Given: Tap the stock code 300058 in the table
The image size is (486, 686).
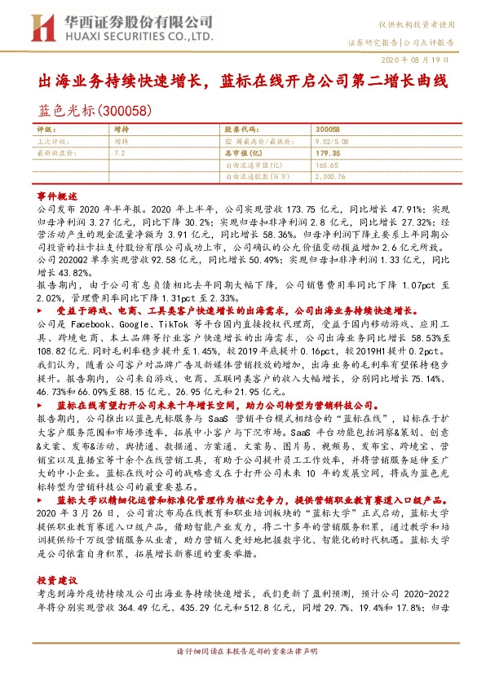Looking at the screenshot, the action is pyautogui.click(x=327, y=130).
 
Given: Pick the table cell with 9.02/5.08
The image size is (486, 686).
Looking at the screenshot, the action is pyautogui.click(x=331, y=140).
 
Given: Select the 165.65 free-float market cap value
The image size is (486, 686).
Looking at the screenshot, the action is pyautogui.click(x=327, y=163).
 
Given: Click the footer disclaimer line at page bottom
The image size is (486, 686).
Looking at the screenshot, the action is pyautogui.click(x=243, y=675).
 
